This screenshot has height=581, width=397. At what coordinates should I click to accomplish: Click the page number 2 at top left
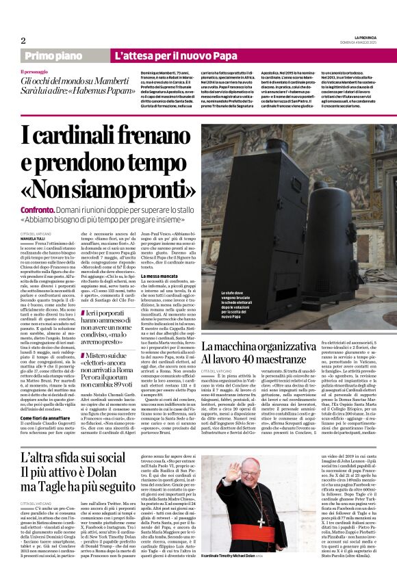(22, 40)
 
